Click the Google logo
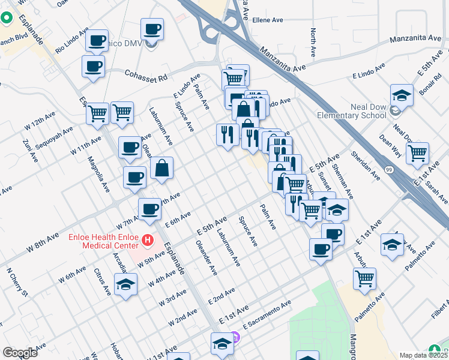click(20, 353)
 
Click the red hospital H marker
click(148, 241)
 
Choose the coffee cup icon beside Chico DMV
click(152, 29)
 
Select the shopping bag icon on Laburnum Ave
click(162, 169)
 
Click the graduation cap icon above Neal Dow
click(402, 95)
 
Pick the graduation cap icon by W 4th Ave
click(125, 285)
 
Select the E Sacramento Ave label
click(267, 314)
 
